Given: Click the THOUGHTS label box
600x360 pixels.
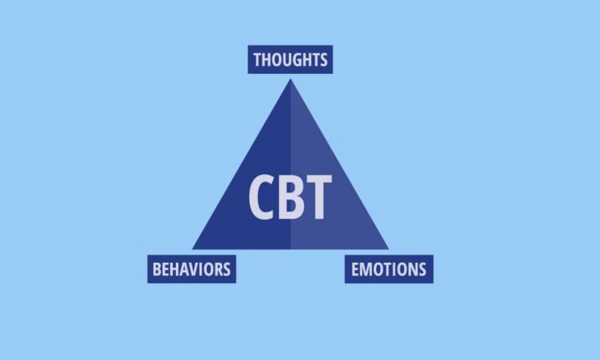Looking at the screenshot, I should [x=290, y=59].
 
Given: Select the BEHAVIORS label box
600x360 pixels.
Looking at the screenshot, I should [x=191, y=268].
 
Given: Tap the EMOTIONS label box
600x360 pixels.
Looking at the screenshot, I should [x=389, y=268].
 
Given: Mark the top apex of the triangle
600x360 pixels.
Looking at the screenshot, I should [x=290, y=80].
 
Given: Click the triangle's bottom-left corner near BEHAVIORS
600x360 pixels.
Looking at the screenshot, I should [x=194, y=248].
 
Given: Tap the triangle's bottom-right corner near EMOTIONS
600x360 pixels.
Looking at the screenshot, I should [x=387, y=248].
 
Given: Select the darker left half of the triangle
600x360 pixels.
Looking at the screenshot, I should [x=255, y=227].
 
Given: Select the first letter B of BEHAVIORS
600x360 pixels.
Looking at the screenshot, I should [x=156, y=268].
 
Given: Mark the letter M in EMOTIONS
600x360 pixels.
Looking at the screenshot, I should [x=366, y=268].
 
